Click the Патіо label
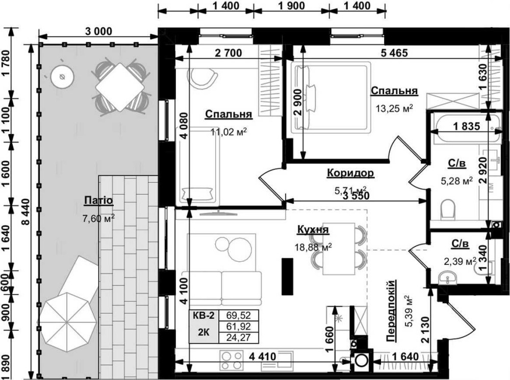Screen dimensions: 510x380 tap(98, 200)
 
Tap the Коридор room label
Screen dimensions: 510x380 tap(350, 173)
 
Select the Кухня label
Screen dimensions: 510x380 tap(313, 229)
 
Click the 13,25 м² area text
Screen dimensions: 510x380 tap(394, 108)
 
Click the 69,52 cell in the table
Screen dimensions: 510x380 tap(239, 315)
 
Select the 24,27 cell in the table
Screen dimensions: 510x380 tap(239, 338)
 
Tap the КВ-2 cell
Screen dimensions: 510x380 tap(203, 315)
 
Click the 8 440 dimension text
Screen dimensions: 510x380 tap(25, 211)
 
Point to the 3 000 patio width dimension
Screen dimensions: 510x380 tap(98, 31)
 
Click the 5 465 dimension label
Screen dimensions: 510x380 tap(394, 52)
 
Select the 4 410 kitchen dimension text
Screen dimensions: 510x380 tap(263, 356)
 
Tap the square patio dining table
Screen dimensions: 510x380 tap(120, 87)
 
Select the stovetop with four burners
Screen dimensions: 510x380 tap(232, 360)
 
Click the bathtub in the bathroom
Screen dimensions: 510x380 tap(466, 128)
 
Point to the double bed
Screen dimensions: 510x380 tap(330, 97)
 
